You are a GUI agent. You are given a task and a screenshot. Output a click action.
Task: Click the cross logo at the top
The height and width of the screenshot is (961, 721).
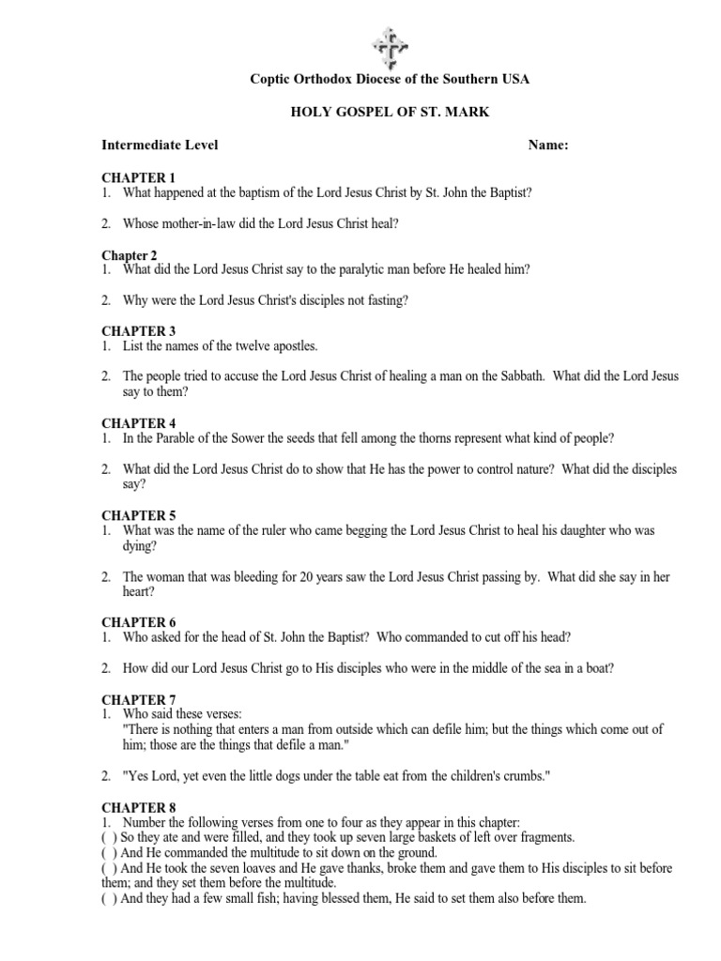point(389,44)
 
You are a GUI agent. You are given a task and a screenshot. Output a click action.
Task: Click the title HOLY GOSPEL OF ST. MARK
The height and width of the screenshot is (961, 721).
point(389,113)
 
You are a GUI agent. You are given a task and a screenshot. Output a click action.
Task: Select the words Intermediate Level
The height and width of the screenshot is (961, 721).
point(160,145)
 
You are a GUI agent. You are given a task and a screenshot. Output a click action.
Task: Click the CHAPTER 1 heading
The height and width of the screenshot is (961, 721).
point(138,177)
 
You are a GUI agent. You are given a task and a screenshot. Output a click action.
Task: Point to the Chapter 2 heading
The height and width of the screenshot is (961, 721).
point(130,255)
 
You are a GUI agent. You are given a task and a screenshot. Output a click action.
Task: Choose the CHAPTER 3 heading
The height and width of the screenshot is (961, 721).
point(138,331)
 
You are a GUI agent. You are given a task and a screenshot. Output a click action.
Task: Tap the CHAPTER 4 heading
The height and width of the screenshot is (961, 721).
point(138,423)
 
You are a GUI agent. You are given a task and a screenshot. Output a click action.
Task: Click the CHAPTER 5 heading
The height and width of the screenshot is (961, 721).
point(138,515)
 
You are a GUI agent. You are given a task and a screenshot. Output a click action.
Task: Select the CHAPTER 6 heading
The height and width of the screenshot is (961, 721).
point(138,622)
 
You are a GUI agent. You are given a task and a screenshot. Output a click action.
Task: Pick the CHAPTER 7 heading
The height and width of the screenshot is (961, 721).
point(138,699)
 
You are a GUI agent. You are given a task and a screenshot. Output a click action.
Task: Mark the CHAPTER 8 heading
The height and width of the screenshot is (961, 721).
point(138,806)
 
